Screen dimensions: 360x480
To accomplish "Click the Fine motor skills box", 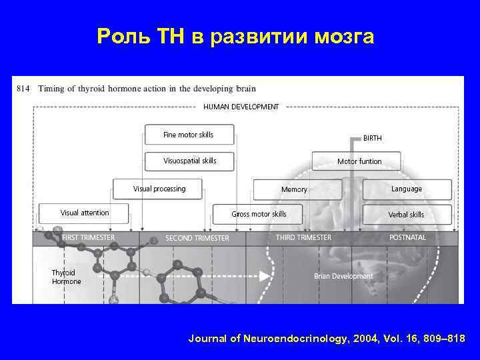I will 189,135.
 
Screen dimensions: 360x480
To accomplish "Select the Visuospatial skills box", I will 189,161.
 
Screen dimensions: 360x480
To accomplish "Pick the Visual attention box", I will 84,213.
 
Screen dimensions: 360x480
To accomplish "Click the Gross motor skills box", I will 259,214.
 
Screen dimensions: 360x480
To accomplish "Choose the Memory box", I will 294,189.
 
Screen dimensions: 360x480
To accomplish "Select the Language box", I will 407,189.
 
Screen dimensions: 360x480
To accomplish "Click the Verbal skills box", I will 407,215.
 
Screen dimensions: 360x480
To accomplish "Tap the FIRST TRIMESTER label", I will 88,237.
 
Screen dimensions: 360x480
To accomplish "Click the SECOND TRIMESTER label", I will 197,238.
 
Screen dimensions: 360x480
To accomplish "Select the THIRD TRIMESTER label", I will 303,237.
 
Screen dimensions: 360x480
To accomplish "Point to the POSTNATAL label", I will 408,237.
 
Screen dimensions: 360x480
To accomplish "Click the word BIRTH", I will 373,138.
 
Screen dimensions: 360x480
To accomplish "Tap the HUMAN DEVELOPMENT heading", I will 241,107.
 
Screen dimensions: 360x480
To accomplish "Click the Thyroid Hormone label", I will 67,277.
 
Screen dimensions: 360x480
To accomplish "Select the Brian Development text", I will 343,276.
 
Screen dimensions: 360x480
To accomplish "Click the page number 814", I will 23,88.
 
